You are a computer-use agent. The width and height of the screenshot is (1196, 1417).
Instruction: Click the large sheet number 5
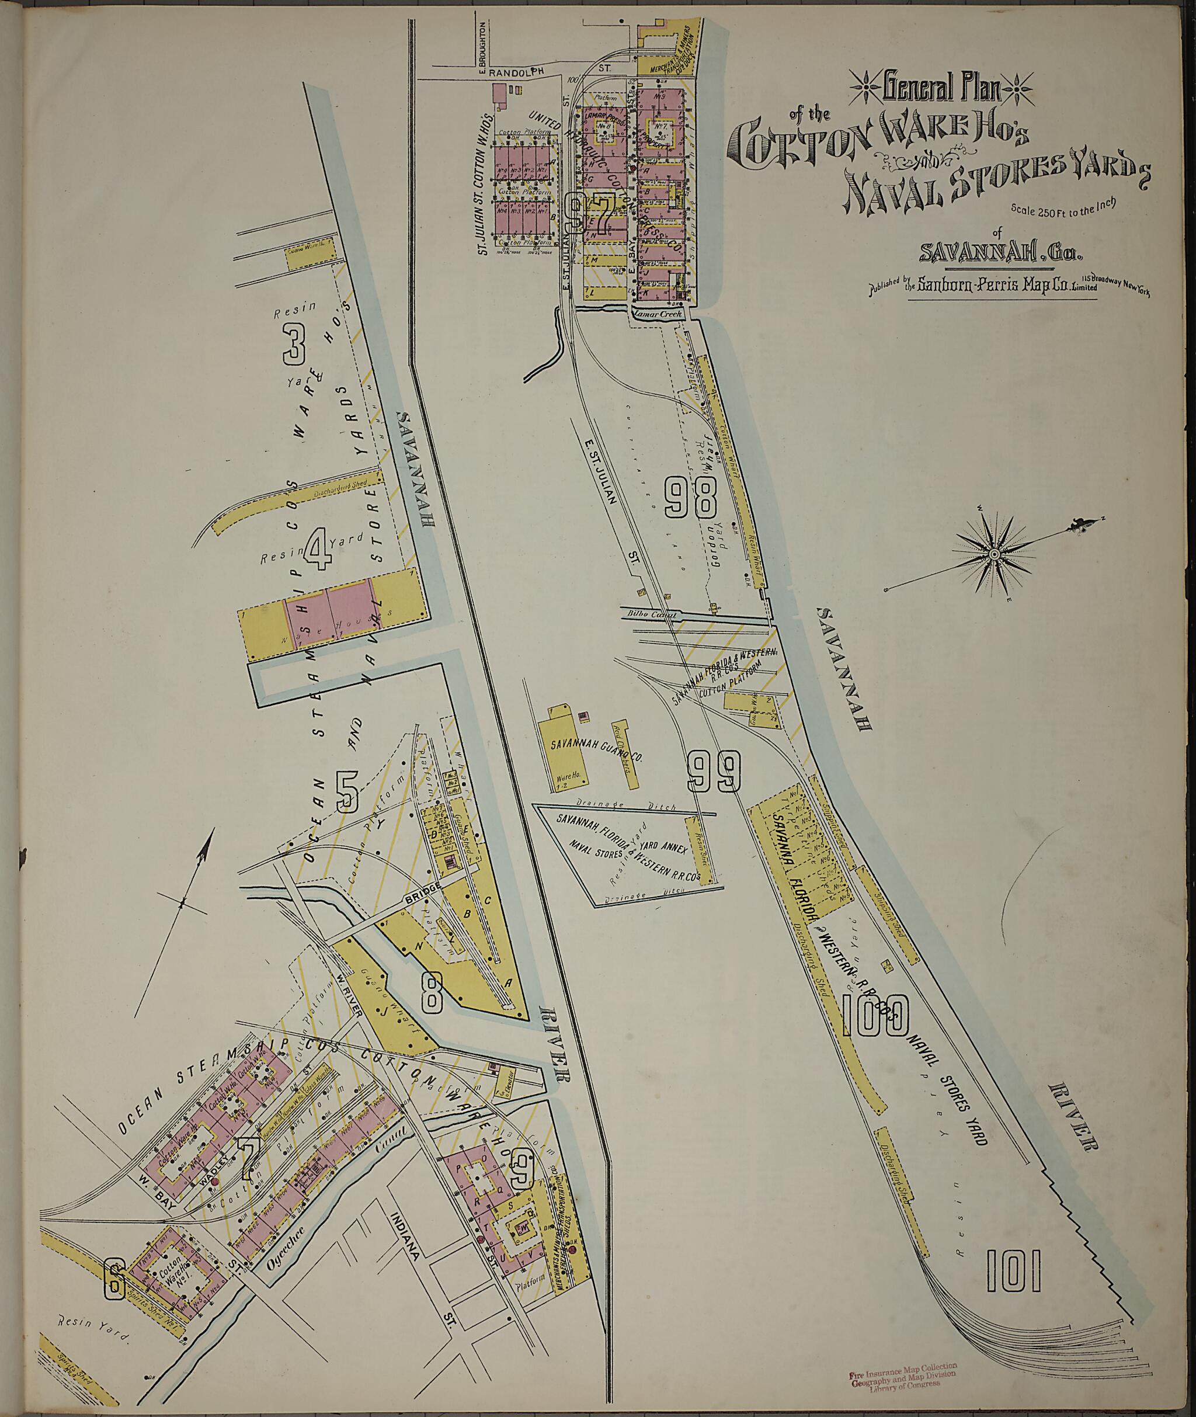point(346,792)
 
